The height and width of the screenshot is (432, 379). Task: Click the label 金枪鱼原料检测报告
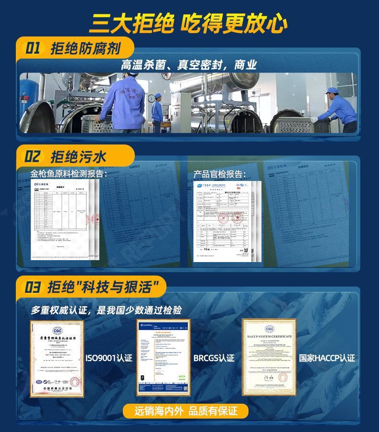coord(69,174)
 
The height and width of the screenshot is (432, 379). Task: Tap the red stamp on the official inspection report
coord(237,219)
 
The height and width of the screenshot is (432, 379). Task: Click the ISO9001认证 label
coord(108,358)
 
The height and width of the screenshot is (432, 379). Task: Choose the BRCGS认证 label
coord(214,358)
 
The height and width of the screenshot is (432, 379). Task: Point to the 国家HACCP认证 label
coord(327,358)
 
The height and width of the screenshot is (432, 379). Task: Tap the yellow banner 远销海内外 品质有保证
coord(186,411)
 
